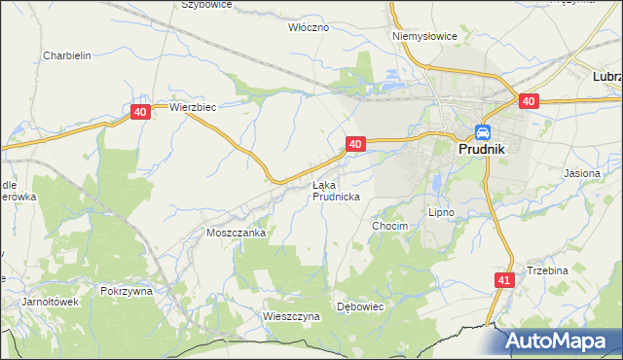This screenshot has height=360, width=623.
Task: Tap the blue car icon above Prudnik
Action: pyautogui.click(x=482, y=132)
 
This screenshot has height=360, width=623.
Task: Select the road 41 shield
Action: pyautogui.click(x=502, y=280)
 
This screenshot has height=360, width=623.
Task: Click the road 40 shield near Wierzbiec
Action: pyautogui.click(x=141, y=113)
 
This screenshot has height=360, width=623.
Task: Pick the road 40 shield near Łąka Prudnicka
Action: pyautogui.click(x=355, y=144)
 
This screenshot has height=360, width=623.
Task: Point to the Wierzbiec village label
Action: pyautogui.click(x=192, y=108)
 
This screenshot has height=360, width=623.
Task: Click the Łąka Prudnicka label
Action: pyautogui.click(x=337, y=190)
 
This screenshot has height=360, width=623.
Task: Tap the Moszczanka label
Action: pyautogui.click(x=236, y=234)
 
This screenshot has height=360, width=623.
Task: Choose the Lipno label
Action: pyautogui.click(x=441, y=211)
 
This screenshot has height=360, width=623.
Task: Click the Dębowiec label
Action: pyautogui.click(x=362, y=306)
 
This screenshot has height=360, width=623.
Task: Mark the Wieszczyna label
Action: pyautogui.click(x=291, y=316)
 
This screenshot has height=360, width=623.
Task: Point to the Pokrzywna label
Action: pyautogui.click(x=126, y=291)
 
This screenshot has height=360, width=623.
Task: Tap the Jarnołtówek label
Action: pyautogui.click(x=51, y=302)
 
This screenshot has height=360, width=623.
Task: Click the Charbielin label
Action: pyautogui.click(x=67, y=55)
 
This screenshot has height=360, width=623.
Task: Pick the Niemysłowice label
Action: pyautogui.click(x=424, y=36)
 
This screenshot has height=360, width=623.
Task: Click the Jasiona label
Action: pyautogui.click(x=581, y=172)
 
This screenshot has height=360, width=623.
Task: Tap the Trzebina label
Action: pyautogui.click(x=547, y=270)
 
